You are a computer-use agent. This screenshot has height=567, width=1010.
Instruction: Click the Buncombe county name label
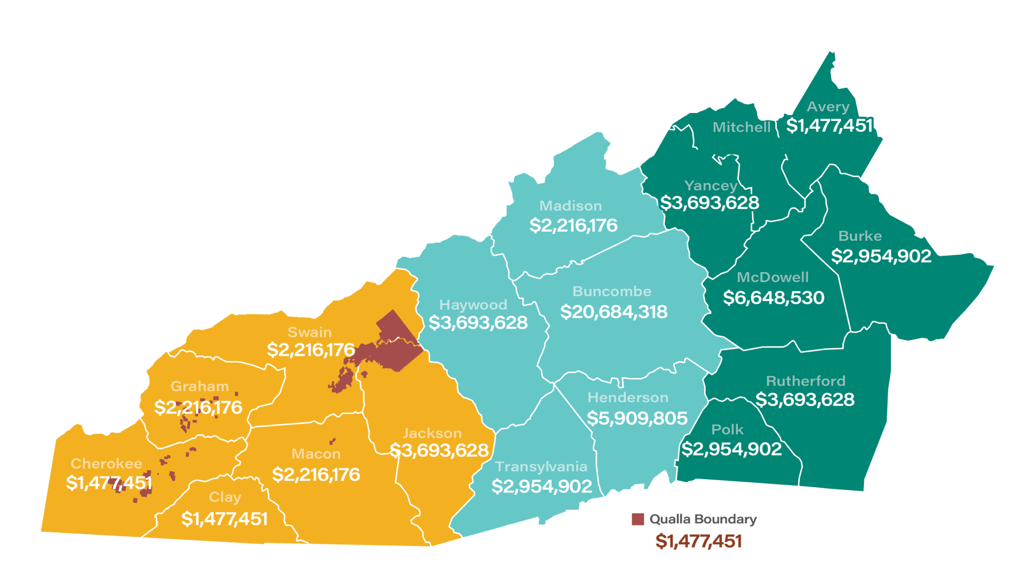point(612,291)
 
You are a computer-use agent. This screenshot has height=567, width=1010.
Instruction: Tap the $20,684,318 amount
point(614,312)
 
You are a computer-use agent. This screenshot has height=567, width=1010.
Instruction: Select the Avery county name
point(828,107)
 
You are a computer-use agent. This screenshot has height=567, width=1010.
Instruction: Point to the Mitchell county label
point(741,127)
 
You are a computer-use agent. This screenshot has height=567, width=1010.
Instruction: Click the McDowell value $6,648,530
point(774,297)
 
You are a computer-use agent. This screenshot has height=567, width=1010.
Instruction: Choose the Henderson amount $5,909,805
point(637,418)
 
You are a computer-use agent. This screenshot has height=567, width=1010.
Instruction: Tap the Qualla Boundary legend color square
point(637,519)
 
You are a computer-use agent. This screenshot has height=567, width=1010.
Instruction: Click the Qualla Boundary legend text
point(703,519)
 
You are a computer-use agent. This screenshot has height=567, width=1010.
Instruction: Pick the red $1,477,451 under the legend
point(698,541)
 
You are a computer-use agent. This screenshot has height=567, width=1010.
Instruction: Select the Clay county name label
point(225,497)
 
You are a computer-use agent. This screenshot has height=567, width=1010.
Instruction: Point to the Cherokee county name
point(107,463)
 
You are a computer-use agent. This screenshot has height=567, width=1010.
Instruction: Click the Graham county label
point(200,386)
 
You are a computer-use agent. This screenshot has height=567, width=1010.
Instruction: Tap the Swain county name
point(310,332)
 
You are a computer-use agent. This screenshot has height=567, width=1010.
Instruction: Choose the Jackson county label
point(432,433)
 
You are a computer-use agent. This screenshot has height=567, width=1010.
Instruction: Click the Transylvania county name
point(541,467)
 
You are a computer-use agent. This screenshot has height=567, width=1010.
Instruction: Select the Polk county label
point(727,429)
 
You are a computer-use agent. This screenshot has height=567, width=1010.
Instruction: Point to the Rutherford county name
point(806,381)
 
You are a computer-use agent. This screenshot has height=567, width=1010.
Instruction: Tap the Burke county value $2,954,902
point(881,256)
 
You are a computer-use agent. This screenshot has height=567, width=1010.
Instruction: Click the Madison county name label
point(571,206)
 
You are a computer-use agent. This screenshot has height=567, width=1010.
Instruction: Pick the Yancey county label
point(710,185)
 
